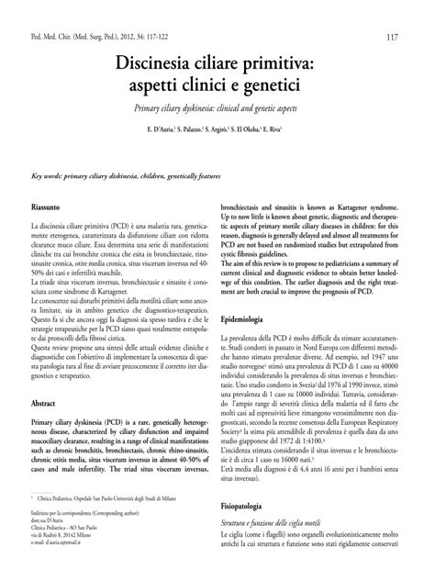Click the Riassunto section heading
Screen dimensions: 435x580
[50, 208]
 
